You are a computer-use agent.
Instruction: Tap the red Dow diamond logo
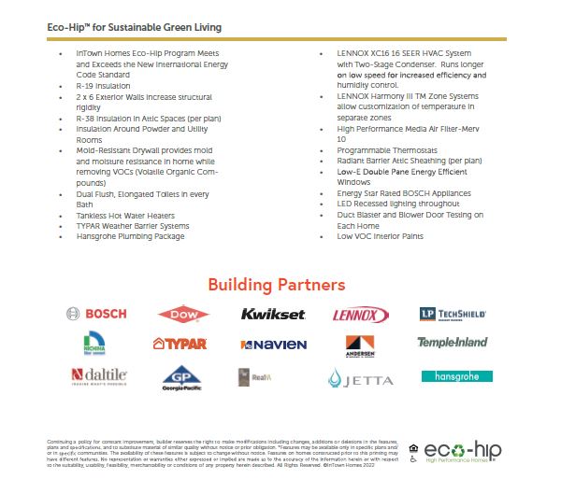click(x=184, y=315)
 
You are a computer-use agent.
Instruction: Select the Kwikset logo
click(x=273, y=314)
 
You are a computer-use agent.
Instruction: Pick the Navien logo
click(x=273, y=345)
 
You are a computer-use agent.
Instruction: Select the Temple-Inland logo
click(x=453, y=343)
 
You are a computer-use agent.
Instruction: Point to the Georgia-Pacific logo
click(x=182, y=378)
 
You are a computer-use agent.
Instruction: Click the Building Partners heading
click(x=276, y=284)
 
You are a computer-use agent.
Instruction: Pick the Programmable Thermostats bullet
click(x=374, y=148)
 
